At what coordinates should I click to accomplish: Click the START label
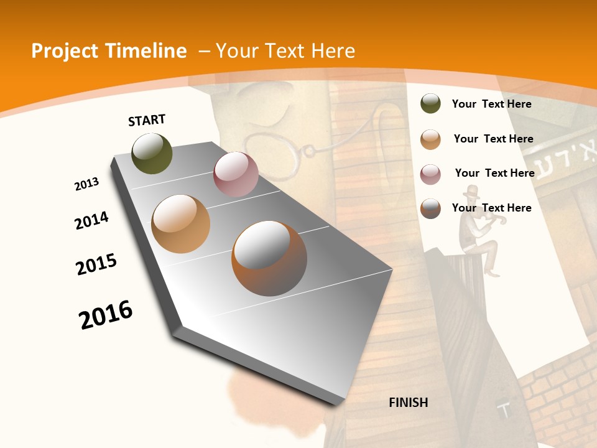coord(147,120)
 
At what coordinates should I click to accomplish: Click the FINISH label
coord(408,403)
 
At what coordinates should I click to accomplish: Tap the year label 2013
coord(86,184)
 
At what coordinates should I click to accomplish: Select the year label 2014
coord(91,221)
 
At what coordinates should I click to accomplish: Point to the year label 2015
coord(96,264)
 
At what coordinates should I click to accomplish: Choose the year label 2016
coord(106,315)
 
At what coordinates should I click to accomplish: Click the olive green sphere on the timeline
coord(152,153)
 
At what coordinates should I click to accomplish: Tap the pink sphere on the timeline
coord(236,174)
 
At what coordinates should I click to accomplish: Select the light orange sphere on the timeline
coord(180,223)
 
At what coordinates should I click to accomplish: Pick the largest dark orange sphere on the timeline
coord(269,258)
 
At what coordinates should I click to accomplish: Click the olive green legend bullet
coord(430,104)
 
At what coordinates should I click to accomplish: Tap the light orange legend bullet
coord(430,139)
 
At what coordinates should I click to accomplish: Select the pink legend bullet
coord(430,174)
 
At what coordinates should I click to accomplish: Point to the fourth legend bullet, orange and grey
coord(430,208)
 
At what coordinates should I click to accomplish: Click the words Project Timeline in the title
coord(109,51)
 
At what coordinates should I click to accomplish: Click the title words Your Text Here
coord(285,51)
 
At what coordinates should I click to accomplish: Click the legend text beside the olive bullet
coord(491,104)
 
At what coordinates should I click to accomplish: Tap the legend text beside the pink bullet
coord(494,173)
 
